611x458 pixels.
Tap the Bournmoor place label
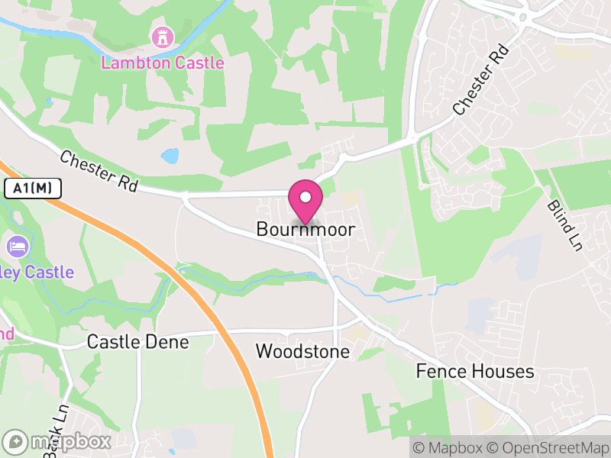(305, 229)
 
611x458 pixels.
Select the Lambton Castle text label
(163, 63)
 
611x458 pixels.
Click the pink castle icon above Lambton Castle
(162, 36)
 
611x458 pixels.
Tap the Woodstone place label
(302, 352)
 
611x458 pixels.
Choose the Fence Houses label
(474, 372)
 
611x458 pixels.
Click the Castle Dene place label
(137, 342)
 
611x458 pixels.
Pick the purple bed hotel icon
(16, 246)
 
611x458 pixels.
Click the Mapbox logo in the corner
(57, 441)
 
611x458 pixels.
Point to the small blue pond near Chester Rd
(170, 156)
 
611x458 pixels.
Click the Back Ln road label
(56, 431)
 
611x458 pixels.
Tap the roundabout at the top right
(525, 16)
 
